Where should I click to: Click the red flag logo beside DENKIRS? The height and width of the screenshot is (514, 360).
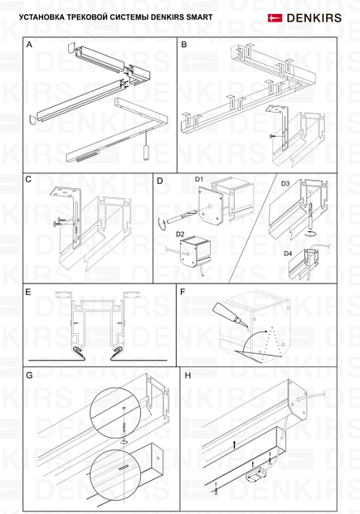coord(275,17)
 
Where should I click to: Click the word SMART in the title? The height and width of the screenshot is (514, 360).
coord(199,17)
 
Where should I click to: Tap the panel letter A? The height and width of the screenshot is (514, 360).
coord(29,45)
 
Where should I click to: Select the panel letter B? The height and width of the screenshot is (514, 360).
coord(184,45)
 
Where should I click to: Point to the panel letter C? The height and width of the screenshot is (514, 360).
coord(28,179)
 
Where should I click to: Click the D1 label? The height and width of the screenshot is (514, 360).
coord(199,179)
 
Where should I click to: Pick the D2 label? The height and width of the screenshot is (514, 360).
coord(180,234)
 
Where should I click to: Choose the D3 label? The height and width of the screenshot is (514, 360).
coord(285,183)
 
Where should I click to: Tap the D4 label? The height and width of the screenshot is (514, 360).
coord(288,254)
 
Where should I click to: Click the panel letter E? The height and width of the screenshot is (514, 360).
coord(28,292)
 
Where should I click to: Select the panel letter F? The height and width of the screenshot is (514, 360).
coord(182,292)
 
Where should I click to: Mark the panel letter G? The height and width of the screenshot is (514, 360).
coord(29,375)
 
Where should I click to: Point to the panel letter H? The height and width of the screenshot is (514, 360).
coord(187,375)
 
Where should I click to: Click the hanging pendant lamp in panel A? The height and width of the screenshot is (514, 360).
coord(146,153)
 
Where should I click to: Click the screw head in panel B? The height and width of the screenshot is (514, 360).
coord(271,136)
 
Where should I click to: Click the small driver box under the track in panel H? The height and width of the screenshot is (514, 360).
coord(257,474)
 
